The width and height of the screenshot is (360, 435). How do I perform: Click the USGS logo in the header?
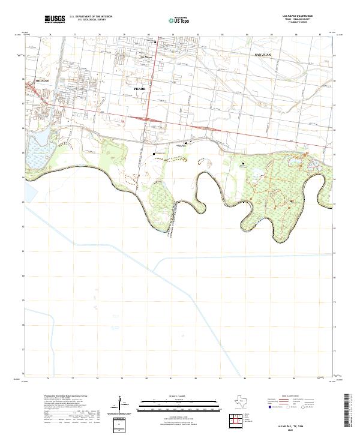(x=55, y=19)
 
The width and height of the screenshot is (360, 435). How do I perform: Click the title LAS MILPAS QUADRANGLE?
(x=292, y=16)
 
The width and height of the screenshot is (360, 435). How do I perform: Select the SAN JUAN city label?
(x=263, y=55)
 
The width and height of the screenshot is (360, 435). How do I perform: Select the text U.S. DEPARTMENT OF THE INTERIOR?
(x=91, y=17)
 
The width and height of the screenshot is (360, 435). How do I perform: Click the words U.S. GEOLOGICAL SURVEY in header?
(x=91, y=20)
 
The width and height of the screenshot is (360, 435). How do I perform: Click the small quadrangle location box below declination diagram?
(x=122, y=425)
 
